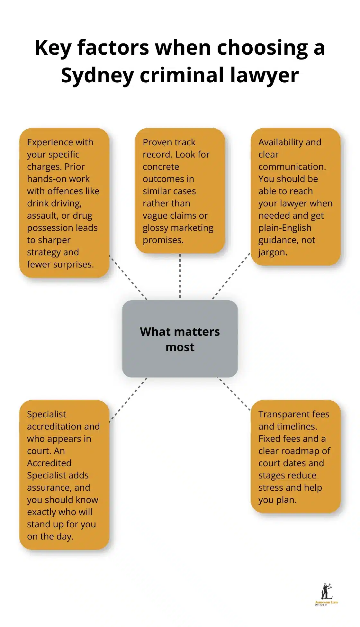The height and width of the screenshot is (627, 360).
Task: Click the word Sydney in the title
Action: pyautogui.click(x=97, y=76)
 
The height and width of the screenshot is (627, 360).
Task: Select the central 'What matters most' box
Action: pyautogui.click(x=180, y=339)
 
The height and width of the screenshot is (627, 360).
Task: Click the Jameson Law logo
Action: pyautogui.click(x=326, y=595)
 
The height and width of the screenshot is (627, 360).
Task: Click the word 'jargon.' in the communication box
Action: pyautogui.click(x=273, y=252)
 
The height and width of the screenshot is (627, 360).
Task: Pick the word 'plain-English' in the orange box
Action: pyautogui.click(x=285, y=228)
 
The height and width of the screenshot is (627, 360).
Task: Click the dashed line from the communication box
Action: pyautogui.click(x=231, y=276)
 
